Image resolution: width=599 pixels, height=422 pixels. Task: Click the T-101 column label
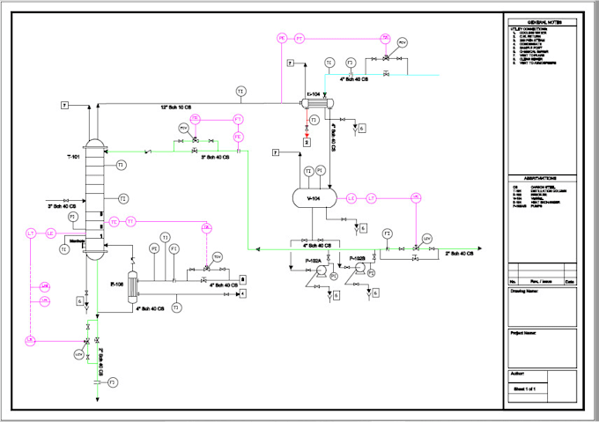click(73, 157)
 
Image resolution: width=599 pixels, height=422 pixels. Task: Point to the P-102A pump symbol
click(322, 275)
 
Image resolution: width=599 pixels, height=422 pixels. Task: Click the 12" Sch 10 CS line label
click(176, 107)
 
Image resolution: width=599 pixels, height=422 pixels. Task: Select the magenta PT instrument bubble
click(299, 39)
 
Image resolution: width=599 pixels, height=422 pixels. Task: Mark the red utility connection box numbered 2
click(306, 141)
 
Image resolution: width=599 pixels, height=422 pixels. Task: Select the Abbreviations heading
click(540, 177)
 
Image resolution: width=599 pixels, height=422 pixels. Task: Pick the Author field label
click(517, 374)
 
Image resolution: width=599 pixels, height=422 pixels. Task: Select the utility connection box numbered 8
click(242, 278)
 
